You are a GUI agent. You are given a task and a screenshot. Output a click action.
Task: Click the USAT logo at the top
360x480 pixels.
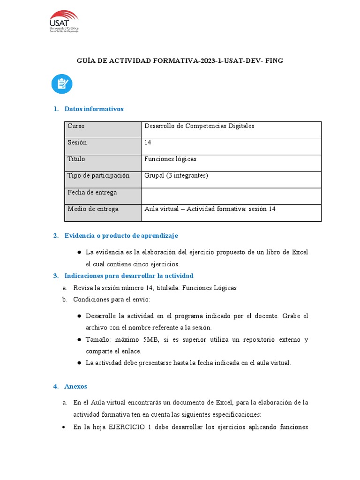(64, 22)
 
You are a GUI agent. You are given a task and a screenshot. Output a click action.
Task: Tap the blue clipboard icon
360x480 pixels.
(62, 84)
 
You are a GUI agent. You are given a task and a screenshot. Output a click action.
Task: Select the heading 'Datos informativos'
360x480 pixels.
(94, 109)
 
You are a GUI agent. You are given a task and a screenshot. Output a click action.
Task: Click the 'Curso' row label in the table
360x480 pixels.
(76, 126)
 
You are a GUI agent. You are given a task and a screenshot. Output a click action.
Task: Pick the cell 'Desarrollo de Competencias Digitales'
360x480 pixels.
(199, 126)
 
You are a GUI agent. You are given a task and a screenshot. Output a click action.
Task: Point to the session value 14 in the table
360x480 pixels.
(148, 142)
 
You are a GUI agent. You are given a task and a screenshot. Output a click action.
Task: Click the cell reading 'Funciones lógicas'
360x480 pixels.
(170, 159)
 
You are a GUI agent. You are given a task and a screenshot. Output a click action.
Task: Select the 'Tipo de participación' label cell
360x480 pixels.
(98, 176)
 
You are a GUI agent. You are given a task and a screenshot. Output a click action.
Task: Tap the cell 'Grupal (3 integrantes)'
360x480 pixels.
(176, 176)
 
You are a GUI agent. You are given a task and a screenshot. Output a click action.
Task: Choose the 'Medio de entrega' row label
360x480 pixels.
(93, 209)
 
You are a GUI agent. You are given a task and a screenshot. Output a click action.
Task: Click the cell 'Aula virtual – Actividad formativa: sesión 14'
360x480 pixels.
(210, 209)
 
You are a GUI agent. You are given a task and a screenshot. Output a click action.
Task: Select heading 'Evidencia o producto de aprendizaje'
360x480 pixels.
(121, 235)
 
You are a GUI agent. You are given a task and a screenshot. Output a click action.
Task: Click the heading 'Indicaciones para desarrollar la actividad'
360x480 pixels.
(128, 276)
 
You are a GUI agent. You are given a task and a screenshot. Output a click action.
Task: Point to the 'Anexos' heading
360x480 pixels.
(75, 386)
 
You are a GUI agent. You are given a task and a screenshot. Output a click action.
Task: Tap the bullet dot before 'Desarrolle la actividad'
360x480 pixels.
(79, 316)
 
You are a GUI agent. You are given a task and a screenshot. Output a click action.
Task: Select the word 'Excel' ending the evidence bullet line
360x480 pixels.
(300, 252)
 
